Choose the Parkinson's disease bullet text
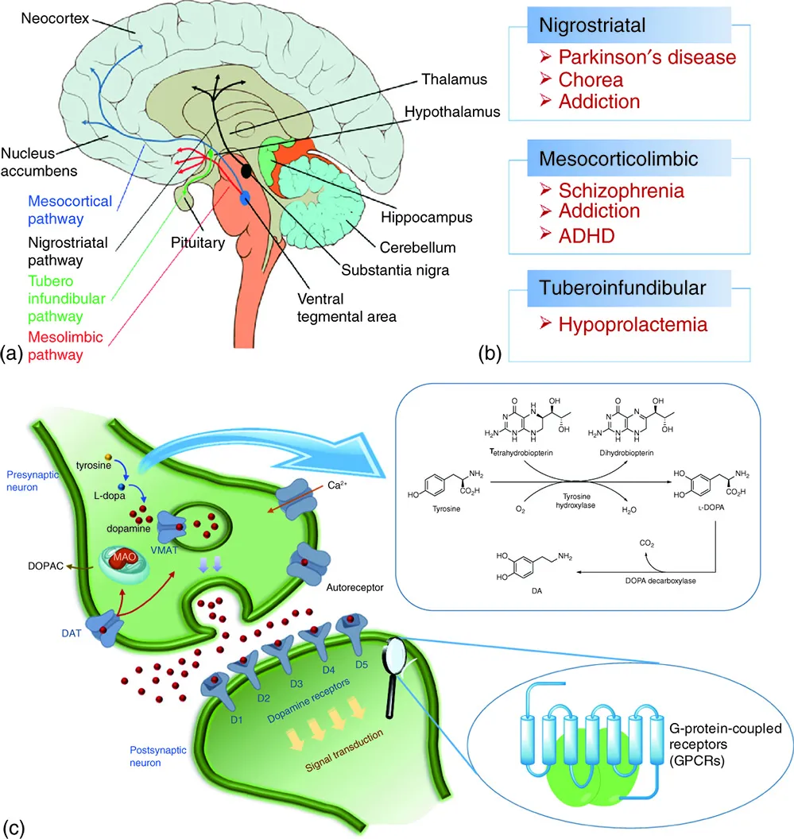tap(646, 58)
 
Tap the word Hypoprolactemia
tap(633, 324)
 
